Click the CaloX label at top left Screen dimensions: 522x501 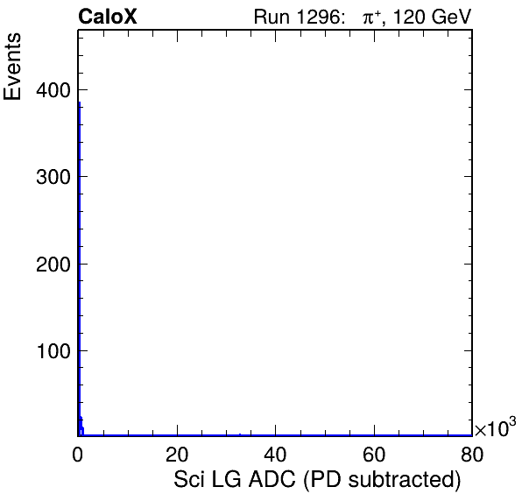[108, 17]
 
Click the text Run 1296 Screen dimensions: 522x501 [296, 17]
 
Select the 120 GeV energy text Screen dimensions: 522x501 [432, 17]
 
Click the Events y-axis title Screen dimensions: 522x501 [12, 67]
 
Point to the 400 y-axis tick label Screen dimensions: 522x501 [53, 90]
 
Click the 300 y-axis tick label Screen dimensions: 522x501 [53, 177]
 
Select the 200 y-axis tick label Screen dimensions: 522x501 [53, 265]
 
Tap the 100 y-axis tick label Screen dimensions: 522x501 [53, 351]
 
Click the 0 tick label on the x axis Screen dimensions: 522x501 [78, 454]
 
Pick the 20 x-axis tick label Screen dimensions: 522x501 [177, 454]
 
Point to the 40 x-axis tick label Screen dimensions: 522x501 [275, 454]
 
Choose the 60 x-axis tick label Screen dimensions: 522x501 [374, 454]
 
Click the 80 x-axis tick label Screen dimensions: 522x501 [472, 454]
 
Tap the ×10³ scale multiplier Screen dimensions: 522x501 [495, 427]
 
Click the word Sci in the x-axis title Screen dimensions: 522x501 [188, 479]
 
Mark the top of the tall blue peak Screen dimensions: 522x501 [79, 102]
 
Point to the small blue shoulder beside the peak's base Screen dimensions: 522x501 [81, 426]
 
